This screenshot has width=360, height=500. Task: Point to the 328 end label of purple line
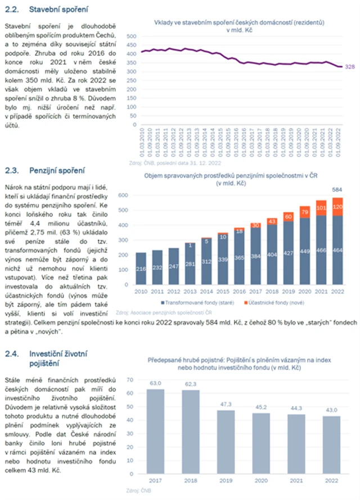[x=349, y=66]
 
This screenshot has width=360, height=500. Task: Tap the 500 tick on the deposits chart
[x=132, y=36]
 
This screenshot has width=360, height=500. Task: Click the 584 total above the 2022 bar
[x=337, y=189]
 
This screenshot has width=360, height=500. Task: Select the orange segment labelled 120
[x=337, y=206]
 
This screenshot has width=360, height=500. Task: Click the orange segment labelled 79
[x=305, y=212]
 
